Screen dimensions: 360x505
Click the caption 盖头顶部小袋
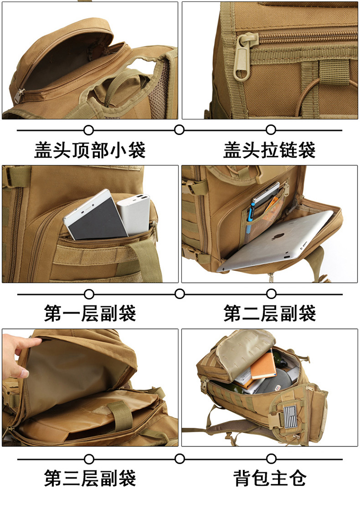point(90,150)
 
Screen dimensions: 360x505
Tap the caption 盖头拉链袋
point(269,150)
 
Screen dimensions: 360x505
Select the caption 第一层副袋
point(90,313)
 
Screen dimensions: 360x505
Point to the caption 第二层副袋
point(269,313)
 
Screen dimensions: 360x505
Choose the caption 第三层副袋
point(90,478)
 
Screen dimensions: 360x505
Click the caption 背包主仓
point(269,478)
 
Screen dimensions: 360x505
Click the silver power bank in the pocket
point(134,214)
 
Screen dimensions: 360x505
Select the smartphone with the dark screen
point(95,215)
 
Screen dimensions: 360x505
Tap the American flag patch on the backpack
point(290,416)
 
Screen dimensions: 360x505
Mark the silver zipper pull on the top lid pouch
point(18,96)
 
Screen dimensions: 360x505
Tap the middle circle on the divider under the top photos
point(180,130)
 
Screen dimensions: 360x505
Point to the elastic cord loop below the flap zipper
point(309,96)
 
